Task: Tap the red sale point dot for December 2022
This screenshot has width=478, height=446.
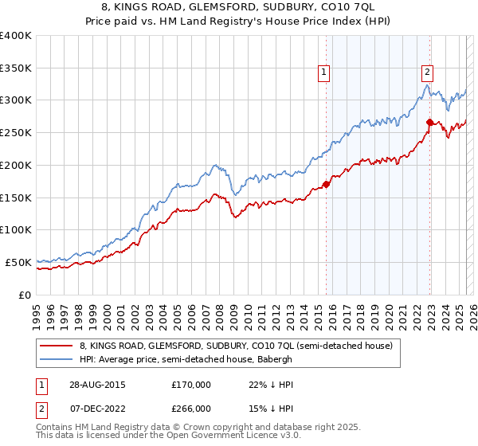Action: click(x=429, y=122)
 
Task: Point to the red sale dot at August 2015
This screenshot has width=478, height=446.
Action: click(x=327, y=185)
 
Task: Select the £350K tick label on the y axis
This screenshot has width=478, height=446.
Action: click(x=15, y=68)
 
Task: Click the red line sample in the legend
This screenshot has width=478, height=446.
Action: click(x=57, y=346)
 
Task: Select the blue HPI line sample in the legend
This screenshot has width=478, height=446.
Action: click(x=57, y=359)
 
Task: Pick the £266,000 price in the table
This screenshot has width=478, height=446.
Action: click(x=191, y=409)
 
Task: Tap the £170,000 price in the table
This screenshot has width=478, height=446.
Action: click(x=191, y=385)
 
